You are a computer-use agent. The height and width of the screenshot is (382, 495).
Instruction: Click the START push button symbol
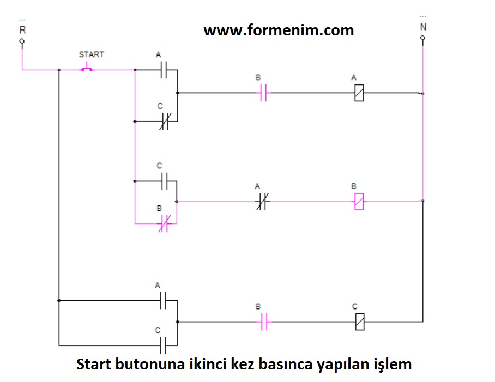[87, 69]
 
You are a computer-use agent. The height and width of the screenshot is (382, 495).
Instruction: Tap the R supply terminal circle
[22, 41]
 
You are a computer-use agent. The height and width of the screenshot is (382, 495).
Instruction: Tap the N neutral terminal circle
[422, 38]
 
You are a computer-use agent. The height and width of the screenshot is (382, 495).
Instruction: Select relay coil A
[359, 93]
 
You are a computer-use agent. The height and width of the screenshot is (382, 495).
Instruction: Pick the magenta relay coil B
[359, 202]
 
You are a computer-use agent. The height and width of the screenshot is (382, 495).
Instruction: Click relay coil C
[359, 322]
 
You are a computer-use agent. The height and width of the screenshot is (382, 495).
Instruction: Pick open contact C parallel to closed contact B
[165, 180]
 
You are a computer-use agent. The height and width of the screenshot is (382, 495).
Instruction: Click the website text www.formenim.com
[279, 30]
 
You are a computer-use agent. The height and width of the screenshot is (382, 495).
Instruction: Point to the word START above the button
[91, 54]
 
